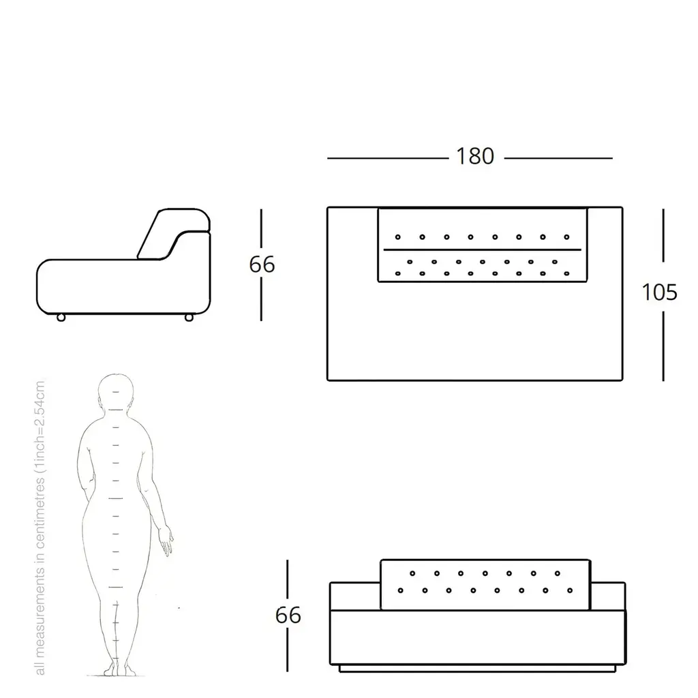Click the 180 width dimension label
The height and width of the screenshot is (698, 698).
coord(475,156)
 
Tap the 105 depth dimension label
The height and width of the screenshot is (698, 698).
coord(659,292)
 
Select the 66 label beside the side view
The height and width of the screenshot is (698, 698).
coord(262,264)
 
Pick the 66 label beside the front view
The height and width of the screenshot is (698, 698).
coord(288,616)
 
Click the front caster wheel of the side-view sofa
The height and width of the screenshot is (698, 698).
coord(61,318)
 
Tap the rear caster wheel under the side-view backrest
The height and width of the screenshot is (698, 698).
coord(189,318)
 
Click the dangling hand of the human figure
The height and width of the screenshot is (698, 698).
coord(166,540)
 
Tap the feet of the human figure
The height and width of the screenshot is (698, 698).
coord(119,669)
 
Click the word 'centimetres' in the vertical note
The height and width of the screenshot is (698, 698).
coord(40,513)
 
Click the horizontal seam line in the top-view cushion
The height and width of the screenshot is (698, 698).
coord(482,249)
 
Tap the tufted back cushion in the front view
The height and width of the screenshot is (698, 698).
coord(485,584)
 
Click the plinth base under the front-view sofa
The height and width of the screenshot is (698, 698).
coord(477,668)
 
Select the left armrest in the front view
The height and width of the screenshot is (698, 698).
coord(354,596)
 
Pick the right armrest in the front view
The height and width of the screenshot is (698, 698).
coord(608,596)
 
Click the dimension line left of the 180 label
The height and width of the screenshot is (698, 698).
coord(388,158)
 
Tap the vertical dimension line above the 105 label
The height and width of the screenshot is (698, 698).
coord(663,235)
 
